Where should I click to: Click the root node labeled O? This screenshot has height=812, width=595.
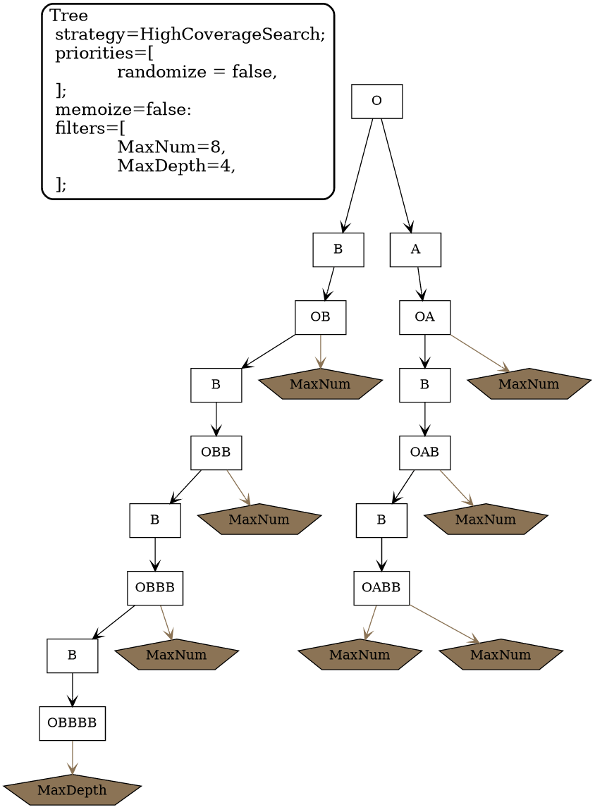[x=376, y=101]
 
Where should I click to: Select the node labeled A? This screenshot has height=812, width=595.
[x=415, y=250]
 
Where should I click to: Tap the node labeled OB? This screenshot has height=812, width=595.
[x=320, y=317]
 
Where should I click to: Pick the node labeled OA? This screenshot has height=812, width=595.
[x=424, y=317]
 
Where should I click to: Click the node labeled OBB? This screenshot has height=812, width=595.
[x=216, y=453]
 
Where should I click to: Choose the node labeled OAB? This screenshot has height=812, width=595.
[x=424, y=453]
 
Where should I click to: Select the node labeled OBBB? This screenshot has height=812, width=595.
[x=155, y=588]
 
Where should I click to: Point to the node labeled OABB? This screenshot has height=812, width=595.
[x=381, y=588]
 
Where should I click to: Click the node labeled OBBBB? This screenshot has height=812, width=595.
[x=72, y=723]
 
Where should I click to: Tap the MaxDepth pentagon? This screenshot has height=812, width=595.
[x=72, y=791]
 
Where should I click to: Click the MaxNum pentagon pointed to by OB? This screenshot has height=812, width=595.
[x=320, y=385]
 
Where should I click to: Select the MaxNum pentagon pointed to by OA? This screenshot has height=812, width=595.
[x=528, y=385]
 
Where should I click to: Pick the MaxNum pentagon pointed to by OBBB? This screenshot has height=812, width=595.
[x=176, y=656]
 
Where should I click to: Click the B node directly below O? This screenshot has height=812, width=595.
[x=338, y=250]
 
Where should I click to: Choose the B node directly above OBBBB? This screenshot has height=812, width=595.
[x=72, y=656]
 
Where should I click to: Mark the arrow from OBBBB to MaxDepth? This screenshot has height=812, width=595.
[x=72, y=758]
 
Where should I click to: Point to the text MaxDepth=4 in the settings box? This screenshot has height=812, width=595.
[x=175, y=166]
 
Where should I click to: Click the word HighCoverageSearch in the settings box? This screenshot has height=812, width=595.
[x=231, y=35]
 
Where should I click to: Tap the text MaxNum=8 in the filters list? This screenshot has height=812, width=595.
[x=171, y=147]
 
